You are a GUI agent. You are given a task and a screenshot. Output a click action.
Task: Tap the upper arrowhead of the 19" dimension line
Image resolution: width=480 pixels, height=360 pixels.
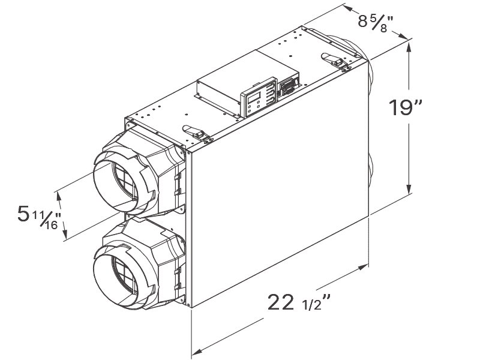click(410, 43)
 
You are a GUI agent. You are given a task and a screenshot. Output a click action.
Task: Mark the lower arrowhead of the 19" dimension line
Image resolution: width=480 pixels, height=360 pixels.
click(410, 190)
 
